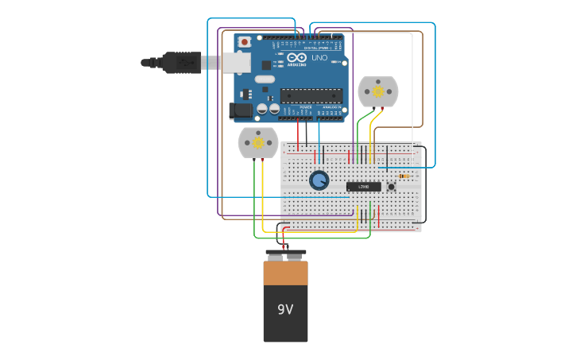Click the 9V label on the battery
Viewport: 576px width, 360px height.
click(285, 309)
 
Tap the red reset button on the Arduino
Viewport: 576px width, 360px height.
click(245, 41)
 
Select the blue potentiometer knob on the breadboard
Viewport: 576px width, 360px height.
click(319, 180)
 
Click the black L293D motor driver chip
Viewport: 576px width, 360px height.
click(363, 187)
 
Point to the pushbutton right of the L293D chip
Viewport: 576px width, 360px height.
click(391, 187)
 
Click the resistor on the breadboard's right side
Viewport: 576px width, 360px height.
click(404, 176)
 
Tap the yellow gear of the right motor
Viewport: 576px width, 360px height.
click(378, 91)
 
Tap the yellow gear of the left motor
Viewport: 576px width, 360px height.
click(258, 142)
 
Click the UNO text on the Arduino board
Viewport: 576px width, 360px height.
click(318, 58)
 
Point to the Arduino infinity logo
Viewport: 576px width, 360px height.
click(297, 57)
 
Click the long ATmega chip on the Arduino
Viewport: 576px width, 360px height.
click(311, 96)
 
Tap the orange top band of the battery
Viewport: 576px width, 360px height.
click(285, 273)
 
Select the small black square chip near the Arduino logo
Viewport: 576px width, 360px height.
click(266, 64)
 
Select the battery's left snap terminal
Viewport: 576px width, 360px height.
click(276, 257)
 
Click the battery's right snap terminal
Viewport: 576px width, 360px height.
click(295, 257)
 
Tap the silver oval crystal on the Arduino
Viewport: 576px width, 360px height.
click(265, 79)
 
